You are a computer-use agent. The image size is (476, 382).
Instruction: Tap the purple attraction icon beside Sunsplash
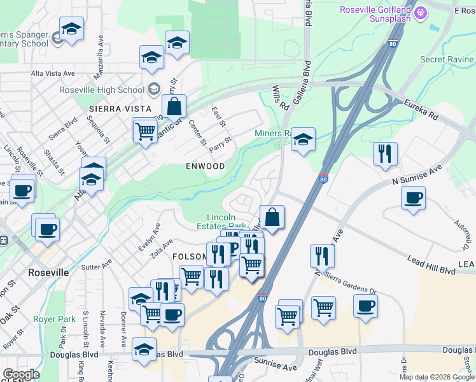pyautogui.click(x=420, y=12)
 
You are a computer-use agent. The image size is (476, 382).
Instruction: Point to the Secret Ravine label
pyautogui.click(x=447, y=59)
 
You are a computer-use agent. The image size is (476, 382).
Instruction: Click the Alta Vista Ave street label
pyautogui.click(x=53, y=74)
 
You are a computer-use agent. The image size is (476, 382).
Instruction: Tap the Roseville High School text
pyautogui.click(x=101, y=90)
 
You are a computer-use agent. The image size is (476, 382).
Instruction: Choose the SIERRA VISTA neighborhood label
pyautogui.click(x=115, y=109)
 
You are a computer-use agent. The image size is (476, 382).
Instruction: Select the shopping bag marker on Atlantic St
pyautogui.click(x=174, y=106)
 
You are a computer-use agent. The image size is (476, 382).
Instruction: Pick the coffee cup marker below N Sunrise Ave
pyautogui.click(x=413, y=197)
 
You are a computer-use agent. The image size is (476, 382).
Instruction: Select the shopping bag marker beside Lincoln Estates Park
pyautogui.click(x=272, y=216)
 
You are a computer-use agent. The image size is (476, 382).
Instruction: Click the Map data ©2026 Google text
pyautogui.click(x=436, y=377)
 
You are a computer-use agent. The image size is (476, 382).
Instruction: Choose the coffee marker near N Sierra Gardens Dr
pyautogui.click(x=365, y=306)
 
